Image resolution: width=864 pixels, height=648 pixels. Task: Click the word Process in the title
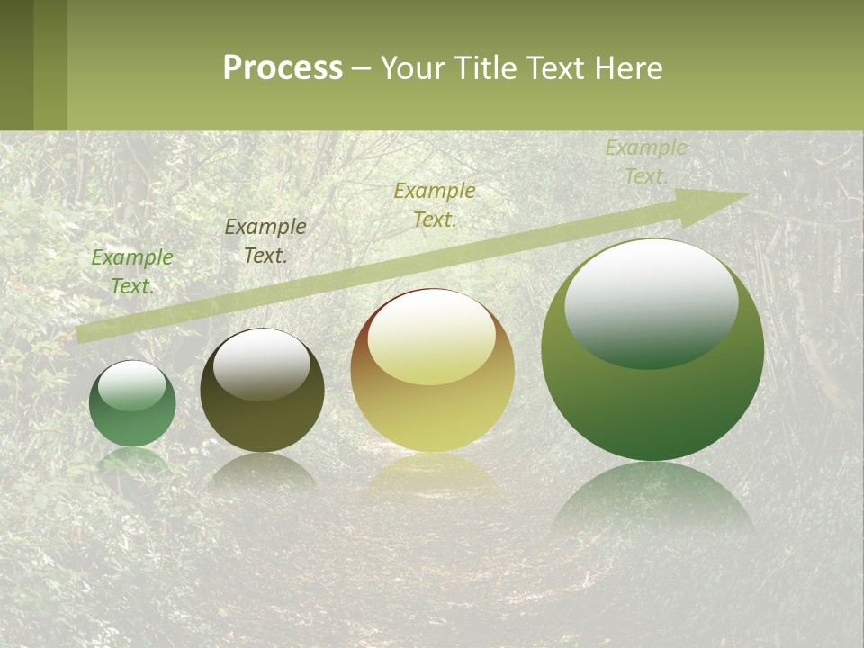click(283, 68)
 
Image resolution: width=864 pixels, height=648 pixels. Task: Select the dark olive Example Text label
click(265, 241)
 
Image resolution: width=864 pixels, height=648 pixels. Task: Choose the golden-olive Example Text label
click(435, 204)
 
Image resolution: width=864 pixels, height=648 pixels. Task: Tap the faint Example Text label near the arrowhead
click(645, 162)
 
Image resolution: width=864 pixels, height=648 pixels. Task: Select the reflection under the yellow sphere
click(433, 477)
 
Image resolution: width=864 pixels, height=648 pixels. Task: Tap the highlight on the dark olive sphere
click(261, 364)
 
